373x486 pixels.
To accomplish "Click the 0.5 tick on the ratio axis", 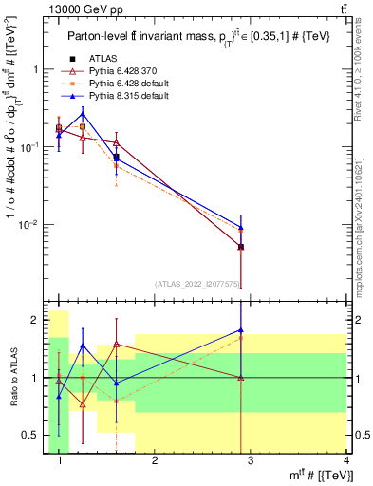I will [x=33, y=436].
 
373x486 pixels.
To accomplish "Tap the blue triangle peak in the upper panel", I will [x=83, y=114].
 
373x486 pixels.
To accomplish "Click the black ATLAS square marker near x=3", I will [x=241, y=247].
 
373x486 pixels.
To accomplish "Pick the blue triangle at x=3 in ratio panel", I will [x=241, y=330].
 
